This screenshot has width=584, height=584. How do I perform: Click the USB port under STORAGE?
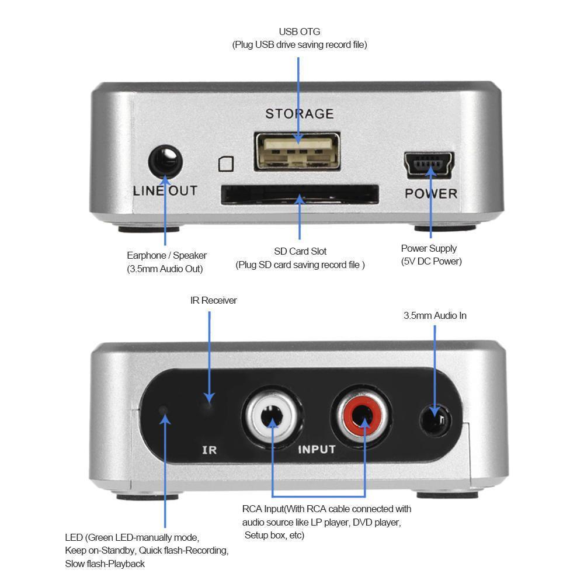pos(297,151)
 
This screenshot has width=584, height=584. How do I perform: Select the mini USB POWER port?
pos(429,166)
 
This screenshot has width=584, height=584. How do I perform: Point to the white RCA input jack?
pos(272,418)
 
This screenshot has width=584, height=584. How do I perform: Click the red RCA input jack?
pos(362,418)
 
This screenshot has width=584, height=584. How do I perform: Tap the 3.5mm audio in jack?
pos(436,419)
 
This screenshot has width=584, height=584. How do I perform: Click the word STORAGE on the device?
pos(300,113)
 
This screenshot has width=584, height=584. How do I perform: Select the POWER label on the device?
pos(431,193)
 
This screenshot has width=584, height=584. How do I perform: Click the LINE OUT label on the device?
pos(165,191)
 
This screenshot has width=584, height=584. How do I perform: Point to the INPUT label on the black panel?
pos(317,449)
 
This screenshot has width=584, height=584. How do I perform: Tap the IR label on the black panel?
pos(209,450)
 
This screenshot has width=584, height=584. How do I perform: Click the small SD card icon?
pos(226,164)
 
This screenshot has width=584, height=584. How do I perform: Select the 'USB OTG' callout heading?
pos(300,32)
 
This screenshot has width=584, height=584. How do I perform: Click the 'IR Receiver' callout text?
pos(214,300)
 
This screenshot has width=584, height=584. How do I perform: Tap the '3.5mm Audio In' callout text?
pos(435,315)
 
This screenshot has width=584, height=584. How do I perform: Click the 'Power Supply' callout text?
pos(429,248)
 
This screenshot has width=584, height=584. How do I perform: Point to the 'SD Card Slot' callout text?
pos(300,251)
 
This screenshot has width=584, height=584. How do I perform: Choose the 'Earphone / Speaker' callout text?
pos(166,255)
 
